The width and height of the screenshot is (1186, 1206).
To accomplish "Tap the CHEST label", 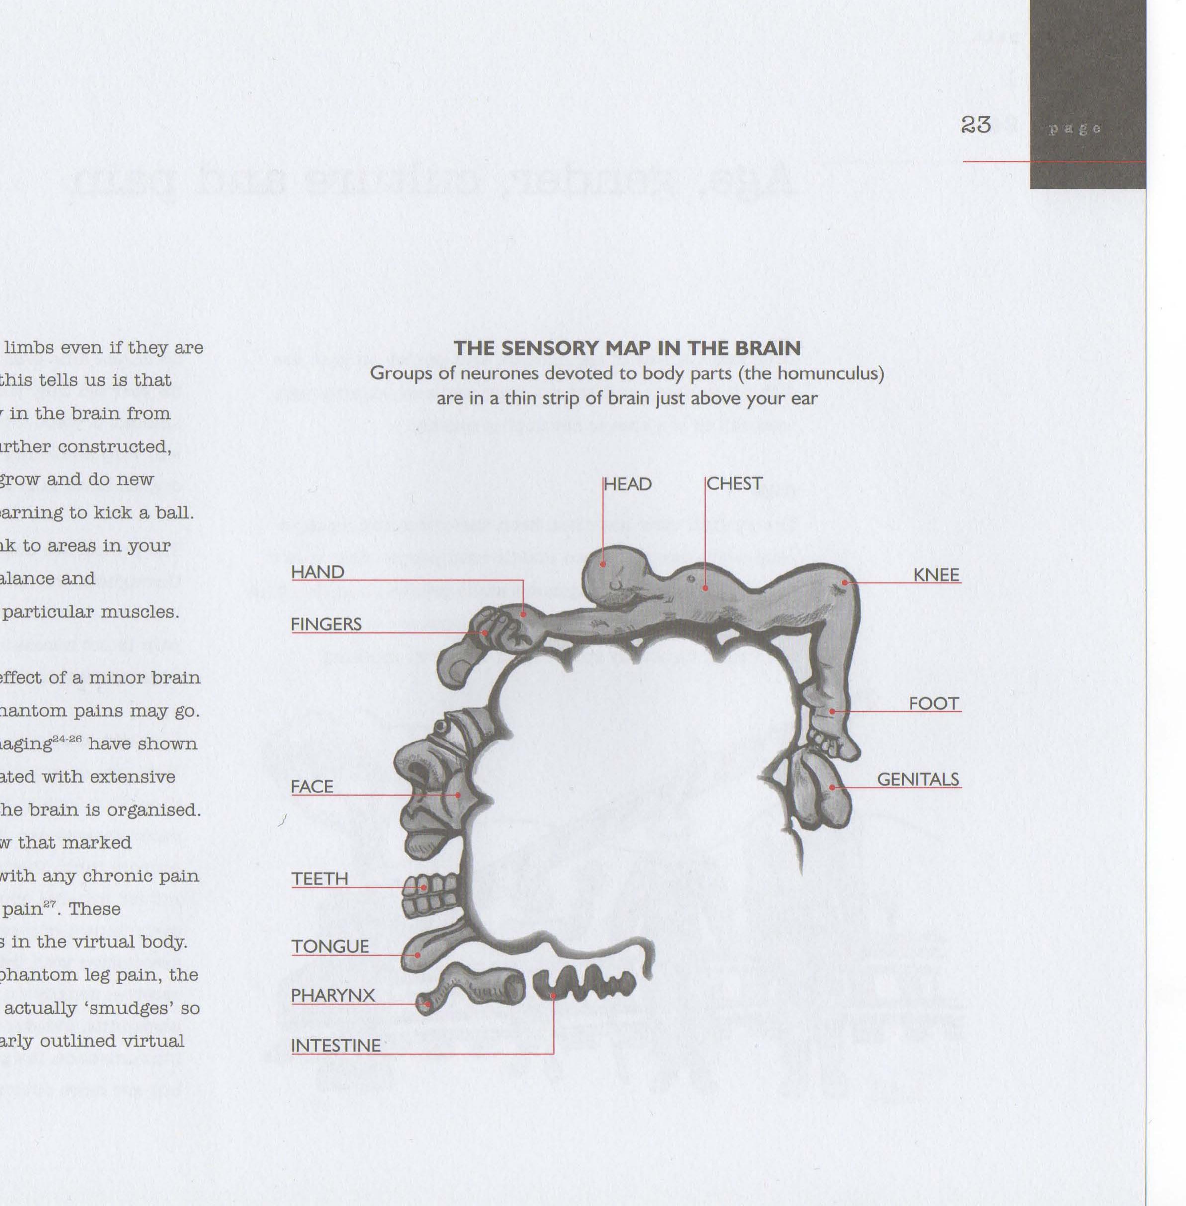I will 734,484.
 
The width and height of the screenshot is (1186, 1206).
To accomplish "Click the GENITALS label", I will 917,779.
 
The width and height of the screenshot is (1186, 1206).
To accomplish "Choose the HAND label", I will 318,572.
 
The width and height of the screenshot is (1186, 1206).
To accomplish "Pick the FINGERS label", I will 326,624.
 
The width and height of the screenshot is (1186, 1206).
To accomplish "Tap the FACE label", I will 312,787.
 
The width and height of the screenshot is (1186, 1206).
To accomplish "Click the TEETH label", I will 320,878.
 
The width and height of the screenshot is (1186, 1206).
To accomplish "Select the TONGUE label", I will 330,946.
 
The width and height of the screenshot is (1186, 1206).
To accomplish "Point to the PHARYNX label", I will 333,995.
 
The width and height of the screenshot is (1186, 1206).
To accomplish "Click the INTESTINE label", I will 336,1045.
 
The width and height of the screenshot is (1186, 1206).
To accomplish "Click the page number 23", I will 976,125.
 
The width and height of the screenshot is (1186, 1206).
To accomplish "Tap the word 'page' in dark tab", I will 1075,129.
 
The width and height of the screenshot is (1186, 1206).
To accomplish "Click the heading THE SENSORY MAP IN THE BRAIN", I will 627,348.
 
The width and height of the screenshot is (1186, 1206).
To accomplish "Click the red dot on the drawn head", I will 603,564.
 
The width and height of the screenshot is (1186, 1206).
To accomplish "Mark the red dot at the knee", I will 845,582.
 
